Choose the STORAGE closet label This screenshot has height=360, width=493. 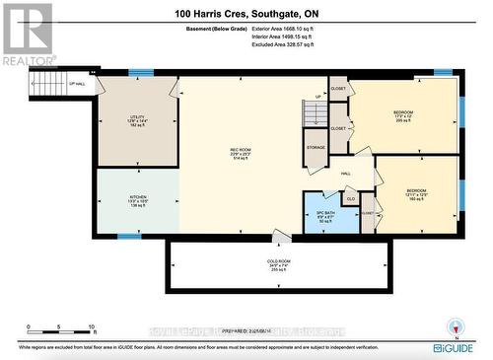[316, 147]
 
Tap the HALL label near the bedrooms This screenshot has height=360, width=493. [347, 174]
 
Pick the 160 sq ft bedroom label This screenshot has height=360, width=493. [417, 195]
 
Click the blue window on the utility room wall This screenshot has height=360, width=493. [141, 72]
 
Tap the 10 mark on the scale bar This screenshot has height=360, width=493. [92, 326]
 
